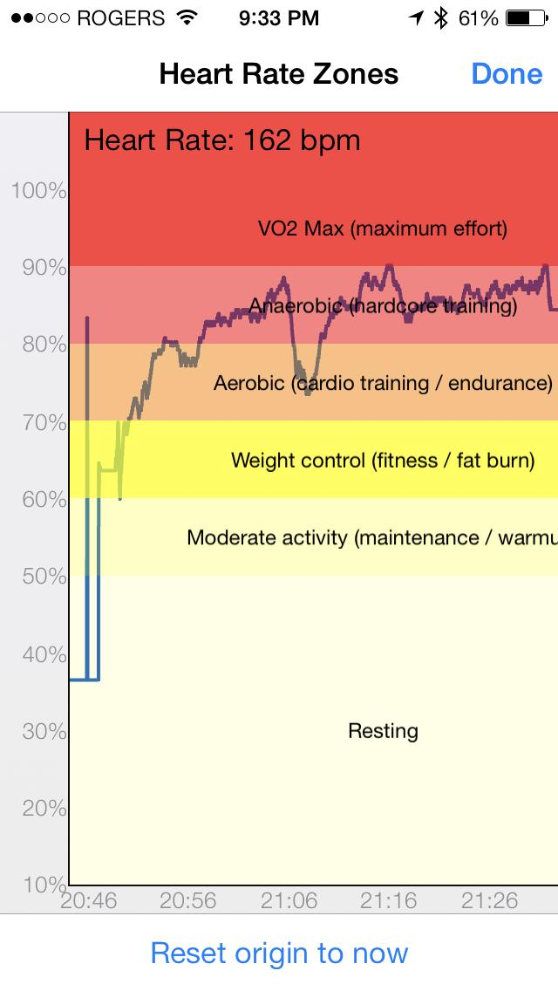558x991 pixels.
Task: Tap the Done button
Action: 507,74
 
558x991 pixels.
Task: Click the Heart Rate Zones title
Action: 278,74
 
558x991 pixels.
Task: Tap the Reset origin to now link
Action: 279,953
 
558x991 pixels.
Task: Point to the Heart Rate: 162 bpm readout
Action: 222,140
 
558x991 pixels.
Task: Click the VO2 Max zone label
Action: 383,229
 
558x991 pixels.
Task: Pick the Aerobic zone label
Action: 383,383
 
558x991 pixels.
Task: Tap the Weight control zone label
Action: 383,460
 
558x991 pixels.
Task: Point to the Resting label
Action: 383,731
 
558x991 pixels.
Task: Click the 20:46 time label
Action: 88,901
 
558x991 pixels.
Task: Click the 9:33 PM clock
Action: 278,17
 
